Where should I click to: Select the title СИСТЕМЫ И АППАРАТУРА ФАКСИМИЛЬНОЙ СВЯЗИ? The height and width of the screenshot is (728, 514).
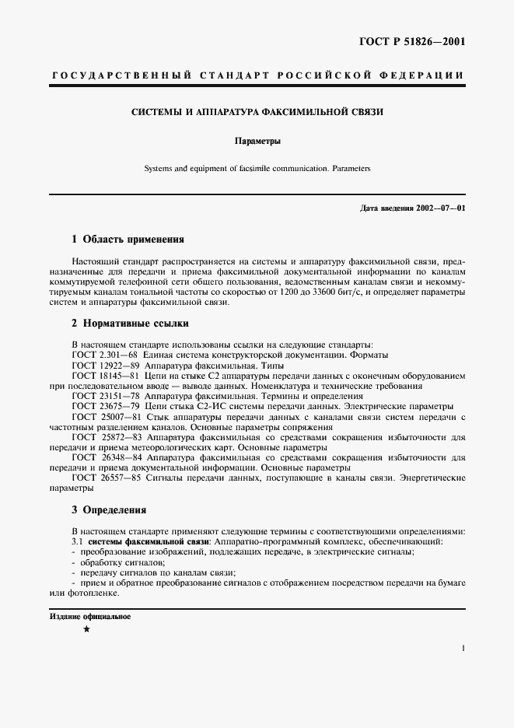(257, 112)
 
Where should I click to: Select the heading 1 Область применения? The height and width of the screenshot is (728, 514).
(128, 240)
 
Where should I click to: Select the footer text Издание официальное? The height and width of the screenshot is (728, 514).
(89, 617)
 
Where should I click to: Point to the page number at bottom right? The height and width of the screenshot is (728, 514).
(463, 647)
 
